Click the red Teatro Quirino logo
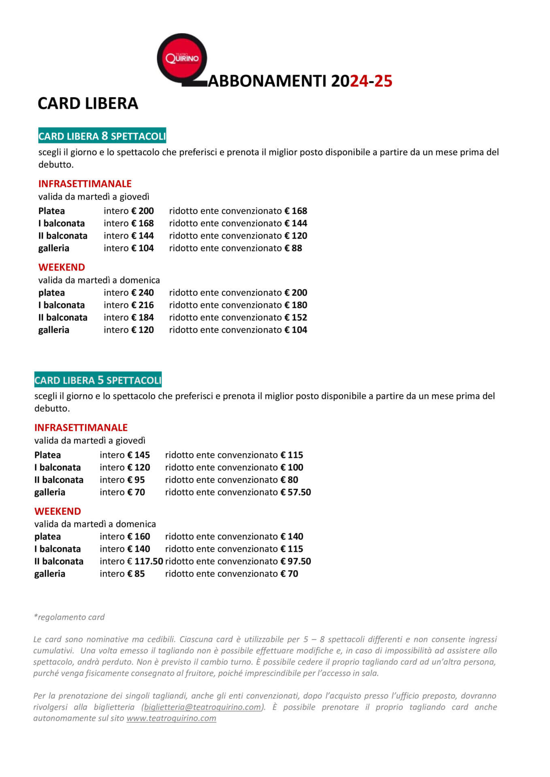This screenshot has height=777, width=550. pos(182,58)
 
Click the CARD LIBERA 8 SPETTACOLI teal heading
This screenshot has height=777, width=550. pos(102,136)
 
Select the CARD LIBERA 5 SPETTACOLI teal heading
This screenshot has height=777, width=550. pos(98,380)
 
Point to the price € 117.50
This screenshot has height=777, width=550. pos(145,561)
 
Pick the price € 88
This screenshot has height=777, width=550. pos(293,248)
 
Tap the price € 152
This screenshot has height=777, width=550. pos(296,317)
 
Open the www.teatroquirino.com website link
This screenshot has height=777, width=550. pos(171,718)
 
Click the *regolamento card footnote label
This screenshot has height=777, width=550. pos(69,617)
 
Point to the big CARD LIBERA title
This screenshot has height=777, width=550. pos(88,104)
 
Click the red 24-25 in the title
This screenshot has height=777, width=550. pos(371,81)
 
